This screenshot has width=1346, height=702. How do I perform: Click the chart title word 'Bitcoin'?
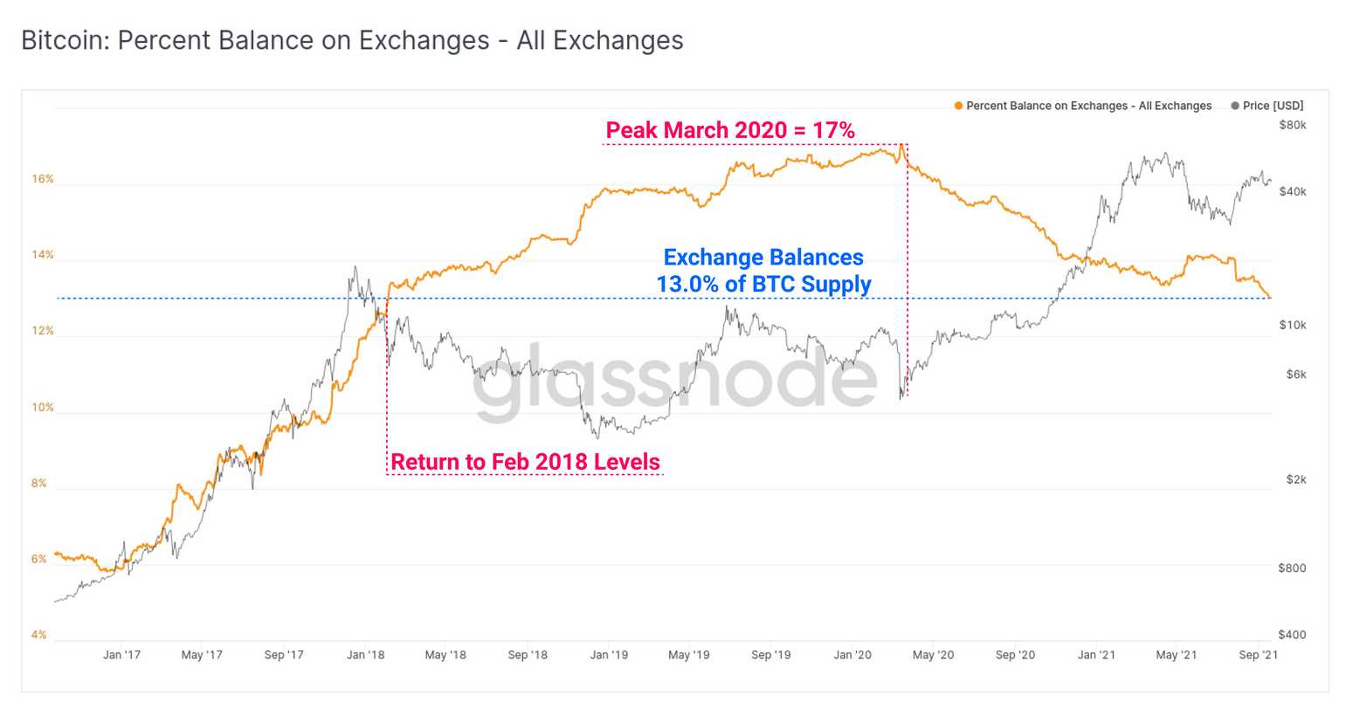point(60,40)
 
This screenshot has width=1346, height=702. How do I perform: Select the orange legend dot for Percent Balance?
point(958,106)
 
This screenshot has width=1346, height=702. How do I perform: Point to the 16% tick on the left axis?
point(43,179)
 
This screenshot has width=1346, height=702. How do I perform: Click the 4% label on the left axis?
point(39,635)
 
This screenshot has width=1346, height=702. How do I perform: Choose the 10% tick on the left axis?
point(43,408)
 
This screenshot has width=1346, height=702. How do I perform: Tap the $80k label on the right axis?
point(1292,125)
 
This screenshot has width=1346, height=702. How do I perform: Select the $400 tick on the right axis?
point(1292,635)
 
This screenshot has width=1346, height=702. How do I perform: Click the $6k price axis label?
point(1296,375)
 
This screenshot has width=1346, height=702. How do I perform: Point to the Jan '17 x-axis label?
point(121,655)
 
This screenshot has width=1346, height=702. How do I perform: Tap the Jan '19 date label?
point(608,655)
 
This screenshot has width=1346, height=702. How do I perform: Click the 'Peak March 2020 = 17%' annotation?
point(730,130)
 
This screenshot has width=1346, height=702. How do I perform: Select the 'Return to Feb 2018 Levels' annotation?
point(525,462)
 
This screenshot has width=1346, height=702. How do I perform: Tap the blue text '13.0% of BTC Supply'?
point(763,285)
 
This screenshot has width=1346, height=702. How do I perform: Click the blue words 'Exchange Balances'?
point(763,258)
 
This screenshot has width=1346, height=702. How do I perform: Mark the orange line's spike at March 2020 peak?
point(901,146)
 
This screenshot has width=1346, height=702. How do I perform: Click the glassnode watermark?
point(674,377)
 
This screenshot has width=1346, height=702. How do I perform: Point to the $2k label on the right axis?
point(1296,480)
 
